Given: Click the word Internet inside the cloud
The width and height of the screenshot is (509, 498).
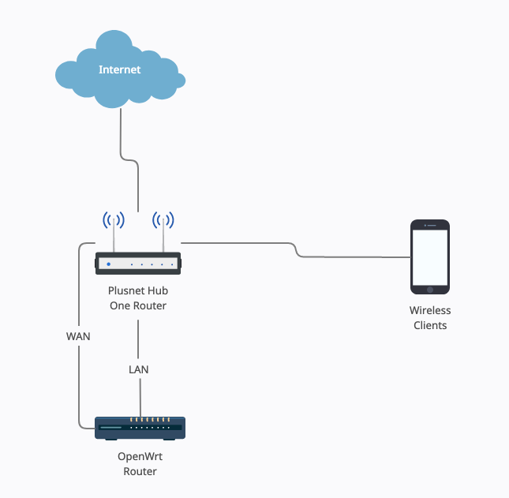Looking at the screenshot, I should tap(120, 69).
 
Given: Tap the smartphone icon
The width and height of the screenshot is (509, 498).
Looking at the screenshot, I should tap(430, 257).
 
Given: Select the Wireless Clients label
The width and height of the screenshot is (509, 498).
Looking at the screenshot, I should tap(430, 318).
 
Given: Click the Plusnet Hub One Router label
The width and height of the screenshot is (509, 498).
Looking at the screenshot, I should tap(138, 298).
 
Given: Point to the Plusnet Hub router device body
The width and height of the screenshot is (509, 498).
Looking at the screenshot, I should tap(138, 263).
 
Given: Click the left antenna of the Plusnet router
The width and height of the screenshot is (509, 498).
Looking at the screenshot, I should tap(114, 229).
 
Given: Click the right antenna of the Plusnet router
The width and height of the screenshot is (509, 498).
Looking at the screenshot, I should tap(163, 229).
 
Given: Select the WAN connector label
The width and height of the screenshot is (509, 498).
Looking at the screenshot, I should tap(78, 336).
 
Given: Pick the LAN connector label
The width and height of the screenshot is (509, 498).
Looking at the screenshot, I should tap(139, 369).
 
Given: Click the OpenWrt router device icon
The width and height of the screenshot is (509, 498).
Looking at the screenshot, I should tap(139, 428).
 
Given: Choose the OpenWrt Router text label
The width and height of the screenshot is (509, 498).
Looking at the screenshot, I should tap(140, 464).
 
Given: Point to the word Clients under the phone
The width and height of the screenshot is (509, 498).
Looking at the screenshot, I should tap(430, 325).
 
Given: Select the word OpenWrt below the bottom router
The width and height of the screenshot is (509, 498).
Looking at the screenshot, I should tap(140, 457).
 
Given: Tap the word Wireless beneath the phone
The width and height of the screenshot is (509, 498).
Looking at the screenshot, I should tap(430, 311).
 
